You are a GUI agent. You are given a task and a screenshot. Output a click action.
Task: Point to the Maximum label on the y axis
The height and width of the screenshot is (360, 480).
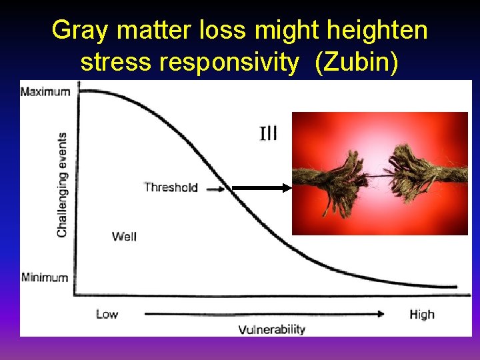(x=45, y=91)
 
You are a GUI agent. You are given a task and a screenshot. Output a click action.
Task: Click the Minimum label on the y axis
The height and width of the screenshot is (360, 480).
(x=44, y=277)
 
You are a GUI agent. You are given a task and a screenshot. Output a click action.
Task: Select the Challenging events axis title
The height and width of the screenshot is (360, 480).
(x=62, y=185)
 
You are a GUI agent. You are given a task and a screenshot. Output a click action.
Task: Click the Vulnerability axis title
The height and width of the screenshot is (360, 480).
(x=271, y=329)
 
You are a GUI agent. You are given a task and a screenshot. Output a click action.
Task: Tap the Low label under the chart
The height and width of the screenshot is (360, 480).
(x=107, y=314)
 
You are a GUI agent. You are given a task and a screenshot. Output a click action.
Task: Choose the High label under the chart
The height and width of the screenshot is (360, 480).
(x=421, y=314)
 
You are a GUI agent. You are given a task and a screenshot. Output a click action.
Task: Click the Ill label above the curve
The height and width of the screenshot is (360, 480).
(x=268, y=133)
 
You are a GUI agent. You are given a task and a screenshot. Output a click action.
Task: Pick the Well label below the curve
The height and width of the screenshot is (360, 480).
(x=124, y=236)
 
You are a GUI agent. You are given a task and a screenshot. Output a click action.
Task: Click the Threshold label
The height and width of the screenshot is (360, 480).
(x=171, y=187)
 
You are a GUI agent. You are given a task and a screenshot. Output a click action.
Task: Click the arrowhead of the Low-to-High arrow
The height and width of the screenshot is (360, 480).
(x=381, y=313)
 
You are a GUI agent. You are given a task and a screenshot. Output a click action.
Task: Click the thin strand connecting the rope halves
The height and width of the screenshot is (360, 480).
(x=377, y=175)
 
